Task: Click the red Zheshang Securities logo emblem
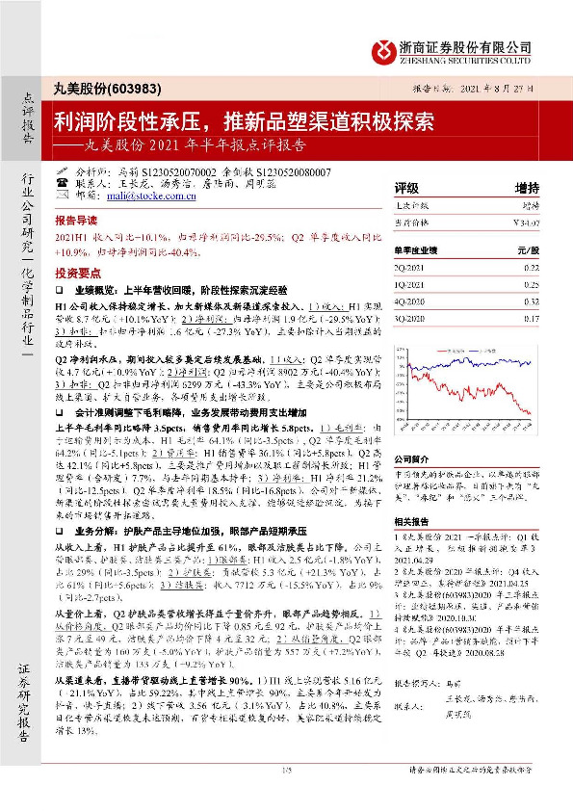coord(386,48)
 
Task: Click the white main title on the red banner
coord(244,122)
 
